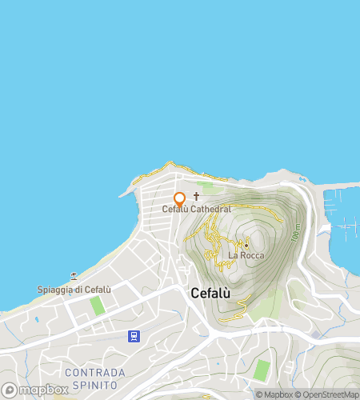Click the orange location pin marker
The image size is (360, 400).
click(179, 199)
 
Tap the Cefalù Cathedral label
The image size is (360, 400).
click(197, 210)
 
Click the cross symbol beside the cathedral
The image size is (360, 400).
click(197, 195)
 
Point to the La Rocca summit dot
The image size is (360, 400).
click(246, 245)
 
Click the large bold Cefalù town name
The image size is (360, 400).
click(211, 293)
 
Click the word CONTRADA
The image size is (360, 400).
click(94, 373)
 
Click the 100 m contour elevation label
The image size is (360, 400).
click(297, 233)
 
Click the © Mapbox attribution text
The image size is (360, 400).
click(274, 394)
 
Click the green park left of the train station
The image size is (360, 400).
click(98, 306)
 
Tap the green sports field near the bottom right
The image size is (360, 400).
click(262, 370)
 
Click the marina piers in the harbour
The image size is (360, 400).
click(346, 227)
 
